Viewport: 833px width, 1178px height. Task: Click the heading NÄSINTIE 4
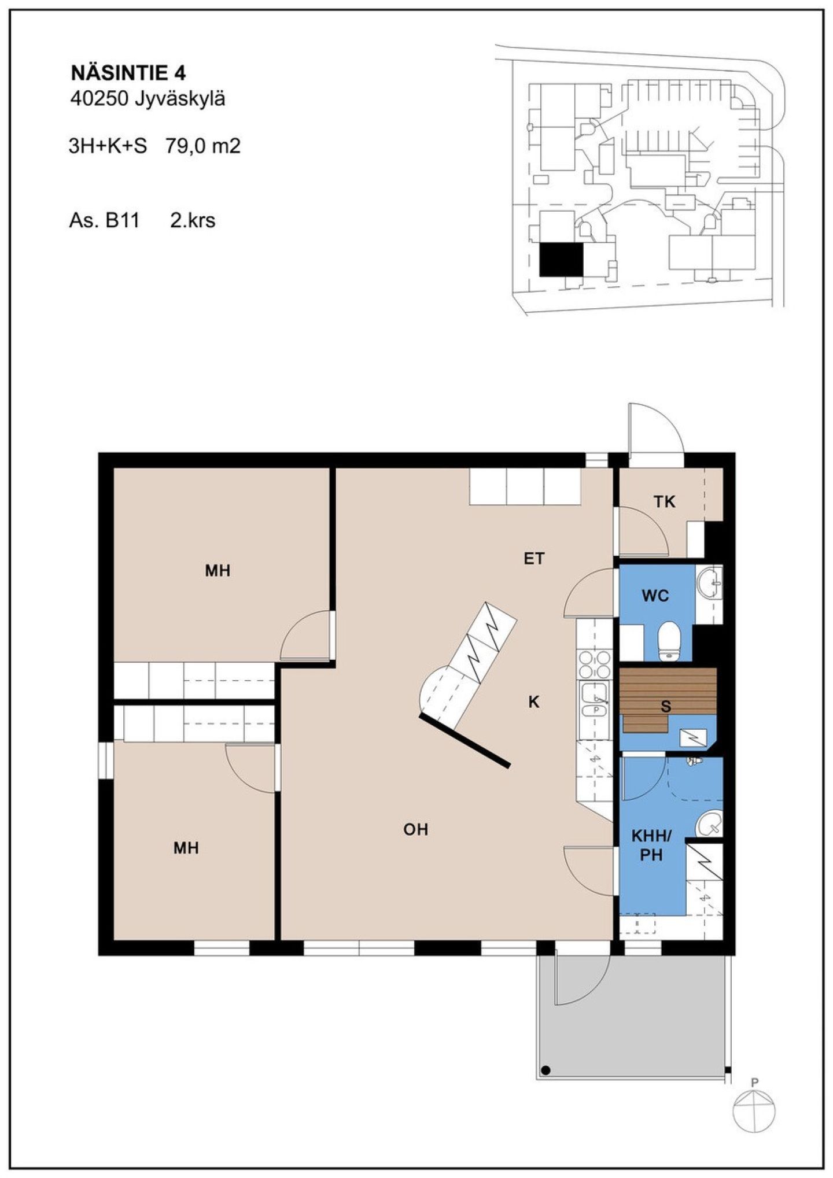coord(128,73)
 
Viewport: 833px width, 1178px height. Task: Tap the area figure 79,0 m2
coord(202,146)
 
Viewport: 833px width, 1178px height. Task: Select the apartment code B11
coord(122,220)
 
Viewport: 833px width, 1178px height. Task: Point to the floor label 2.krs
coord(193,220)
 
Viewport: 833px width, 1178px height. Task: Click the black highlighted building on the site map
coord(561,259)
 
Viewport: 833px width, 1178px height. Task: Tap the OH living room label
coord(416,829)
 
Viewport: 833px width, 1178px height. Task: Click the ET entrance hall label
coord(534,559)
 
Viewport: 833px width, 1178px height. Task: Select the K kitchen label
coord(534,702)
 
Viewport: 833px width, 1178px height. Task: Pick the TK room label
coord(665,502)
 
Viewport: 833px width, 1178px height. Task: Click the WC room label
coord(655,596)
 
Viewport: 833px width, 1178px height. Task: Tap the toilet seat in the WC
coord(670,641)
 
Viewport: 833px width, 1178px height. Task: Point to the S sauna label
coord(666,706)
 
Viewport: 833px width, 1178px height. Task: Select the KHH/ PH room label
coord(651,845)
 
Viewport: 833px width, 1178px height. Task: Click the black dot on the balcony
coord(545,1070)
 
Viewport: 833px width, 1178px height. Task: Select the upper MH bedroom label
coord(218,571)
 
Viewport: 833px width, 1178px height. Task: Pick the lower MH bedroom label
coord(186,848)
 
